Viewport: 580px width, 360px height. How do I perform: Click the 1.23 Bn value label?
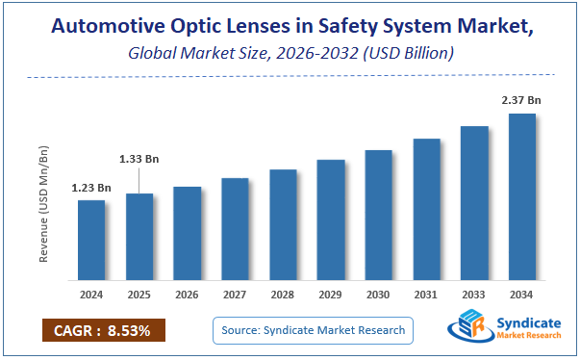[91, 188]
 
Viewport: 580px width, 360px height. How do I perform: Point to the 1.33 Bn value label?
[139, 159]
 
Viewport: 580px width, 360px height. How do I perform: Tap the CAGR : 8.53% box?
[104, 330]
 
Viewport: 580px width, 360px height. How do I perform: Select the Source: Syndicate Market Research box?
[313, 330]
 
